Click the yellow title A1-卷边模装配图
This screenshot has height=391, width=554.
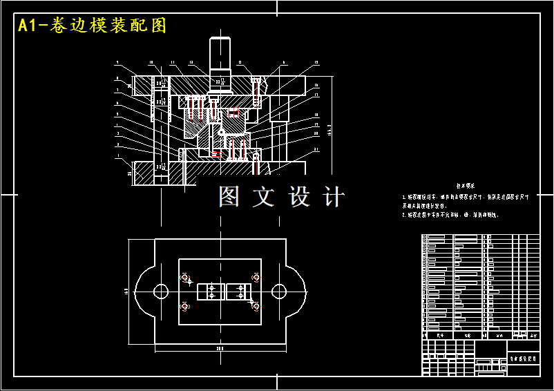(92, 26)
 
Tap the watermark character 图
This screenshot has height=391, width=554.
(230, 197)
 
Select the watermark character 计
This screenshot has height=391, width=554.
(334, 197)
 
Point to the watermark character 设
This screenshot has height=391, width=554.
(300, 197)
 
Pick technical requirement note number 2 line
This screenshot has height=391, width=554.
(450, 215)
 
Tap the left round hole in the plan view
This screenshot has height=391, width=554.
(160, 290)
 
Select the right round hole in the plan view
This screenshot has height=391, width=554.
(279, 290)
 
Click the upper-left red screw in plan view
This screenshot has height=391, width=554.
(185, 278)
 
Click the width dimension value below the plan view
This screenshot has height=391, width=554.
(220, 350)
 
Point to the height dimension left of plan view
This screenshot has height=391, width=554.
(126, 290)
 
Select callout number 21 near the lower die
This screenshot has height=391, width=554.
(316, 149)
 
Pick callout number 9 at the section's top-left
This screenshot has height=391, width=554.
(117, 63)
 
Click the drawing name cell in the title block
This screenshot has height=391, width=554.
(524, 359)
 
